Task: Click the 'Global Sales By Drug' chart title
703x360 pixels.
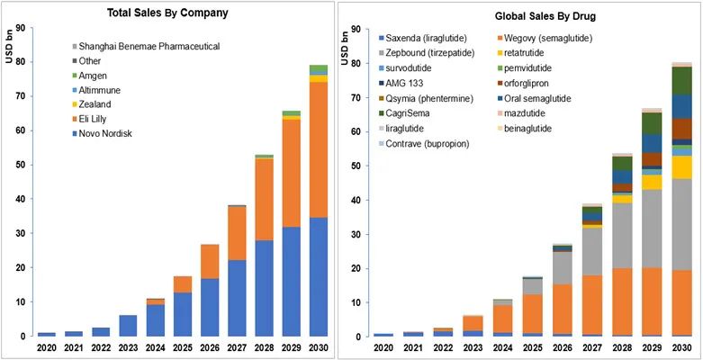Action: point(522,16)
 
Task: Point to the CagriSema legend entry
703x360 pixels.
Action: point(410,113)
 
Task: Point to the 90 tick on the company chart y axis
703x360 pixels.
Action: point(22,29)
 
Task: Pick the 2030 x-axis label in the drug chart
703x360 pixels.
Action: point(682,347)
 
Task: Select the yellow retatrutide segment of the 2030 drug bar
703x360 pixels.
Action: point(683,167)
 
